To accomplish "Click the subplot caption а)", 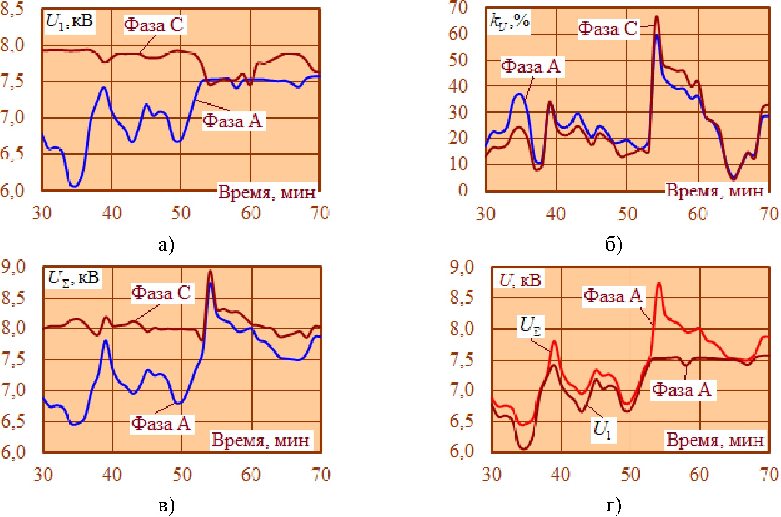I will click(x=166, y=245).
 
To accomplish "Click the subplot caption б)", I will click(x=614, y=245).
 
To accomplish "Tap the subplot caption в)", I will click(x=166, y=505).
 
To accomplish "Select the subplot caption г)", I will click(x=614, y=505).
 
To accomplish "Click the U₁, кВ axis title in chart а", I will click(x=70, y=21).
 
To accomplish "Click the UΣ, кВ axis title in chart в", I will click(x=73, y=277).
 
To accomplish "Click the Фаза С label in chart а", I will click(x=154, y=25).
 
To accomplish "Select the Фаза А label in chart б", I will click(x=532, y=66).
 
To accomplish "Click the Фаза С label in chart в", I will click(x=161, y=293).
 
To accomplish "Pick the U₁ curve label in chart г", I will click(x=603, y=430).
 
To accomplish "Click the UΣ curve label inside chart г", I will click(x=530, y=326).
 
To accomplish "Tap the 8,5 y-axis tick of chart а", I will click(x=13, y=9).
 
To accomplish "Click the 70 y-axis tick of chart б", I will click(x=458, y=7).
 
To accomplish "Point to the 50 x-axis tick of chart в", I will click(x=181, y=474).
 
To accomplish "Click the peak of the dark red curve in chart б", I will click(x=657, y=17).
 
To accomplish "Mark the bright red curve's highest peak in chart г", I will click(x=659, y=284).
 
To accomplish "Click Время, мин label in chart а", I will click(x=266, y=192).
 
